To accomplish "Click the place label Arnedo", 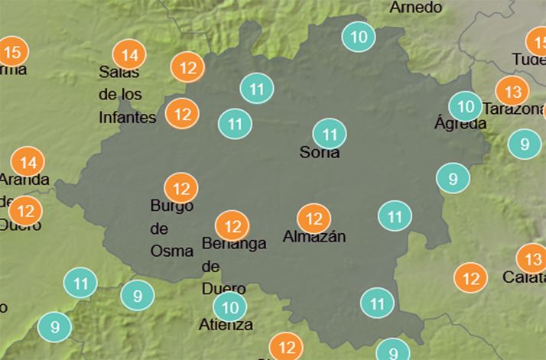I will click(416, 8).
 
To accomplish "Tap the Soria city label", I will click(320, 153).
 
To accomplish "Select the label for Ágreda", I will click(460, 123).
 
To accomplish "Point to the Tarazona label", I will click(514, 109).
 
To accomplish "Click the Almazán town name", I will click(314, 237).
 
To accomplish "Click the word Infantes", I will click(128, 118).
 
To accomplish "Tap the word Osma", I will click(172, 250).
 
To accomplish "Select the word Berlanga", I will click(234, 244).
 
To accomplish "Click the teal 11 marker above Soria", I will click(330, 135).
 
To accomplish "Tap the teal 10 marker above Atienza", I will click(229, 308).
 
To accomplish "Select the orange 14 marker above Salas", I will click(129, 55).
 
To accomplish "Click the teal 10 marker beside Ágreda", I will click(465, 105).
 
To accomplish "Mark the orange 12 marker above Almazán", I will click(314, 219).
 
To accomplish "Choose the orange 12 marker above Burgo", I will click(181, 188).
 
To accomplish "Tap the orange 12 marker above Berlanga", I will click(232, 226).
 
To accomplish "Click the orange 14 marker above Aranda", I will click(28, 162).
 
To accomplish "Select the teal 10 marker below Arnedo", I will click(358, 37).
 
